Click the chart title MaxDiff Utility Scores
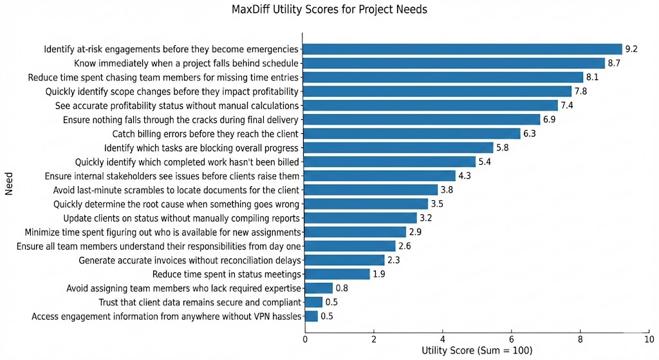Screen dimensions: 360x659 point(329,10)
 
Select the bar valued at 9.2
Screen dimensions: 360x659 point(462,49)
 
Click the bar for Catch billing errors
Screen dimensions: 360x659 point(411,134)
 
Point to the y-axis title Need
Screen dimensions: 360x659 point(10,182)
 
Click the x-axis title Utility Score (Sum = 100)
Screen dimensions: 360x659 point(474,351)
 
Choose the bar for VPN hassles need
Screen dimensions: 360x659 point(310,316)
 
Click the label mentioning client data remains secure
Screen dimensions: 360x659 point(200,302)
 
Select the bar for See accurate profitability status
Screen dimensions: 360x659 point(430,106)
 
